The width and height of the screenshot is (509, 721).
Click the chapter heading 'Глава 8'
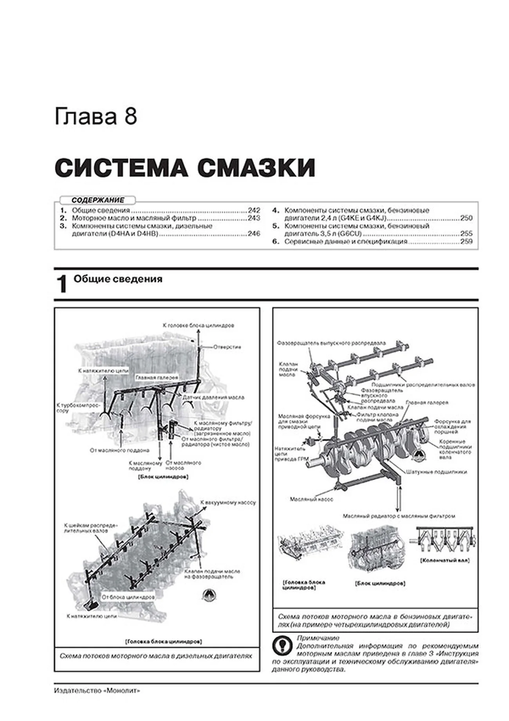pos(96,117)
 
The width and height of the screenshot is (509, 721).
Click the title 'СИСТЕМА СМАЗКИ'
pos(185,169)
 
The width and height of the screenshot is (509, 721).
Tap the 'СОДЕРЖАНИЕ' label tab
pos(97,200)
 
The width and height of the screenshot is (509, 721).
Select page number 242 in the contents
pos(254,211)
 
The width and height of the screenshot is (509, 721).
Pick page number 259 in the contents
pos(466,242)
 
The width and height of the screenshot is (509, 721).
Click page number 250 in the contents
pos(466,218)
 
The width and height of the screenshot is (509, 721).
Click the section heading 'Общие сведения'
pos(118,279)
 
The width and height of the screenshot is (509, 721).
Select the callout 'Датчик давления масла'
pos(213,397)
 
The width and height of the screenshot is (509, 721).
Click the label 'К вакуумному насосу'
pos(228,502)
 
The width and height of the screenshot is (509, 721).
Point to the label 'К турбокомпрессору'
pos(78,408)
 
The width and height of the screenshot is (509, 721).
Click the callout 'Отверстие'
pos(227,347)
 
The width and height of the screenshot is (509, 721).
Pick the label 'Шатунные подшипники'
pos(437,472)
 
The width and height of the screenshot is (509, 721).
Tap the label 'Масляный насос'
pos(312,499)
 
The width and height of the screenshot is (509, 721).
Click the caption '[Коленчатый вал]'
pos(445,560)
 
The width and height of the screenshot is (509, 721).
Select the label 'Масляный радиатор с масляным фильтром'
pos(399,516)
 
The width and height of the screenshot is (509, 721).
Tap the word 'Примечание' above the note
pos(318,638)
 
